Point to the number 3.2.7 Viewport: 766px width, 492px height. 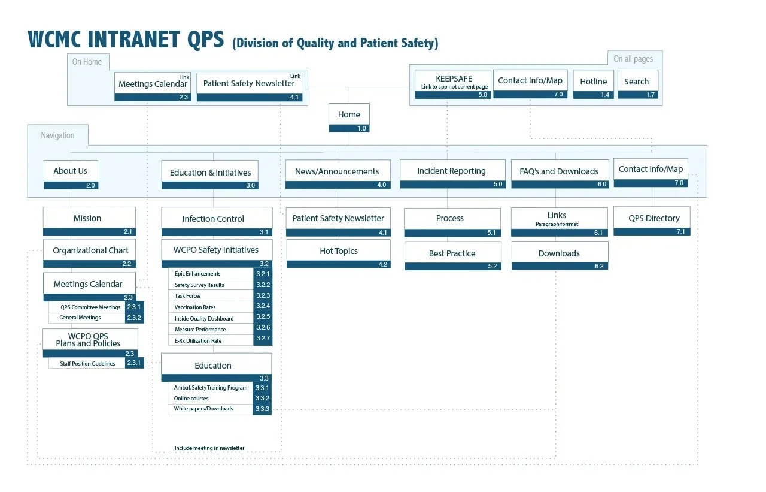click(263, 340)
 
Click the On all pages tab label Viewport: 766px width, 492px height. click(633, 59)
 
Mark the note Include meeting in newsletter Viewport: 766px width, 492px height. click(209, 448)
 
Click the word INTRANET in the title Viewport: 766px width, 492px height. click(133, 40)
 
